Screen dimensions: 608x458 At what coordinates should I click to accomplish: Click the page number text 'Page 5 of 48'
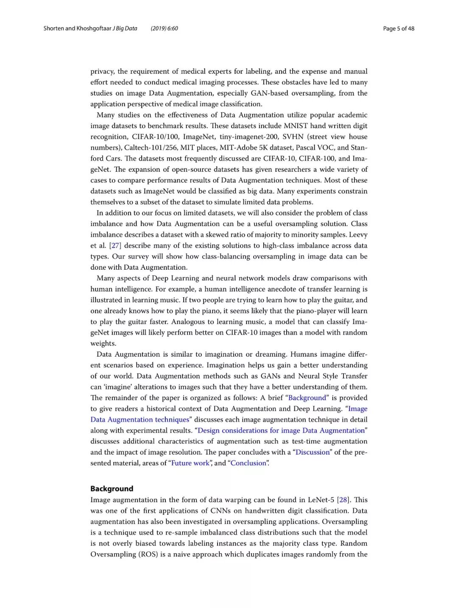coord(398,28)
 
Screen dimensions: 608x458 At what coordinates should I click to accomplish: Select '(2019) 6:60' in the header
coord(164,28)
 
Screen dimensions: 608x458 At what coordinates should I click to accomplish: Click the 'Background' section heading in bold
coord(112,488)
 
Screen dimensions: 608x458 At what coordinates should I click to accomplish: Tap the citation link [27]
coord(115,245)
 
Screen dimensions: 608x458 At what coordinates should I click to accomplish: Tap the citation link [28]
coord(343,499)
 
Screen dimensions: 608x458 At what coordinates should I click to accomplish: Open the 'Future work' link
coord(190,463)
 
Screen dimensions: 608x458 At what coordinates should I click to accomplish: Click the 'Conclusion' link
coord(248,463)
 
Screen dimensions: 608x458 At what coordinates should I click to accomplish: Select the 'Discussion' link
coord(313,452)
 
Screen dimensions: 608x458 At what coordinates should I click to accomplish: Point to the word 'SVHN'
coord(293,137)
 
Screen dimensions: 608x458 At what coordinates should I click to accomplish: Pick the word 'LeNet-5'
coord(321,499)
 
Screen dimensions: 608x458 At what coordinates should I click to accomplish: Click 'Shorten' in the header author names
coord(53,28)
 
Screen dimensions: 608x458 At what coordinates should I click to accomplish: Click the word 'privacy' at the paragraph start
coord(102,71)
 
